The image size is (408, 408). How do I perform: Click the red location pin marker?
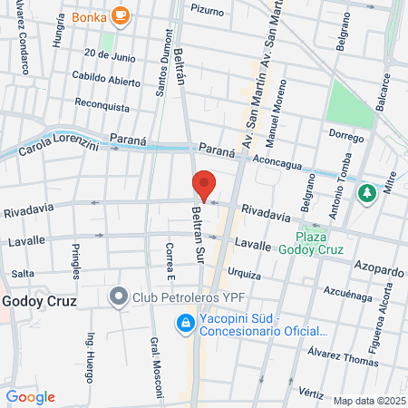click(204, 185)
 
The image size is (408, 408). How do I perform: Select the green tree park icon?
click(366, 194)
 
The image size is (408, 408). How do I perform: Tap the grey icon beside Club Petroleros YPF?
click(118, 296)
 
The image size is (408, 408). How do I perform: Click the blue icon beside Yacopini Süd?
click(185, 323)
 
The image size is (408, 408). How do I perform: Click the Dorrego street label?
click(345, 136)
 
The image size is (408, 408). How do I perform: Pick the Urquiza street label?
click(245, 273)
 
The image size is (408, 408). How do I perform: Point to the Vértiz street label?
click(310, 393)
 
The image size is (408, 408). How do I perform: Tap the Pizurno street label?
click(208, 9)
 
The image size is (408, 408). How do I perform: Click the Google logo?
click(31, 396)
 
